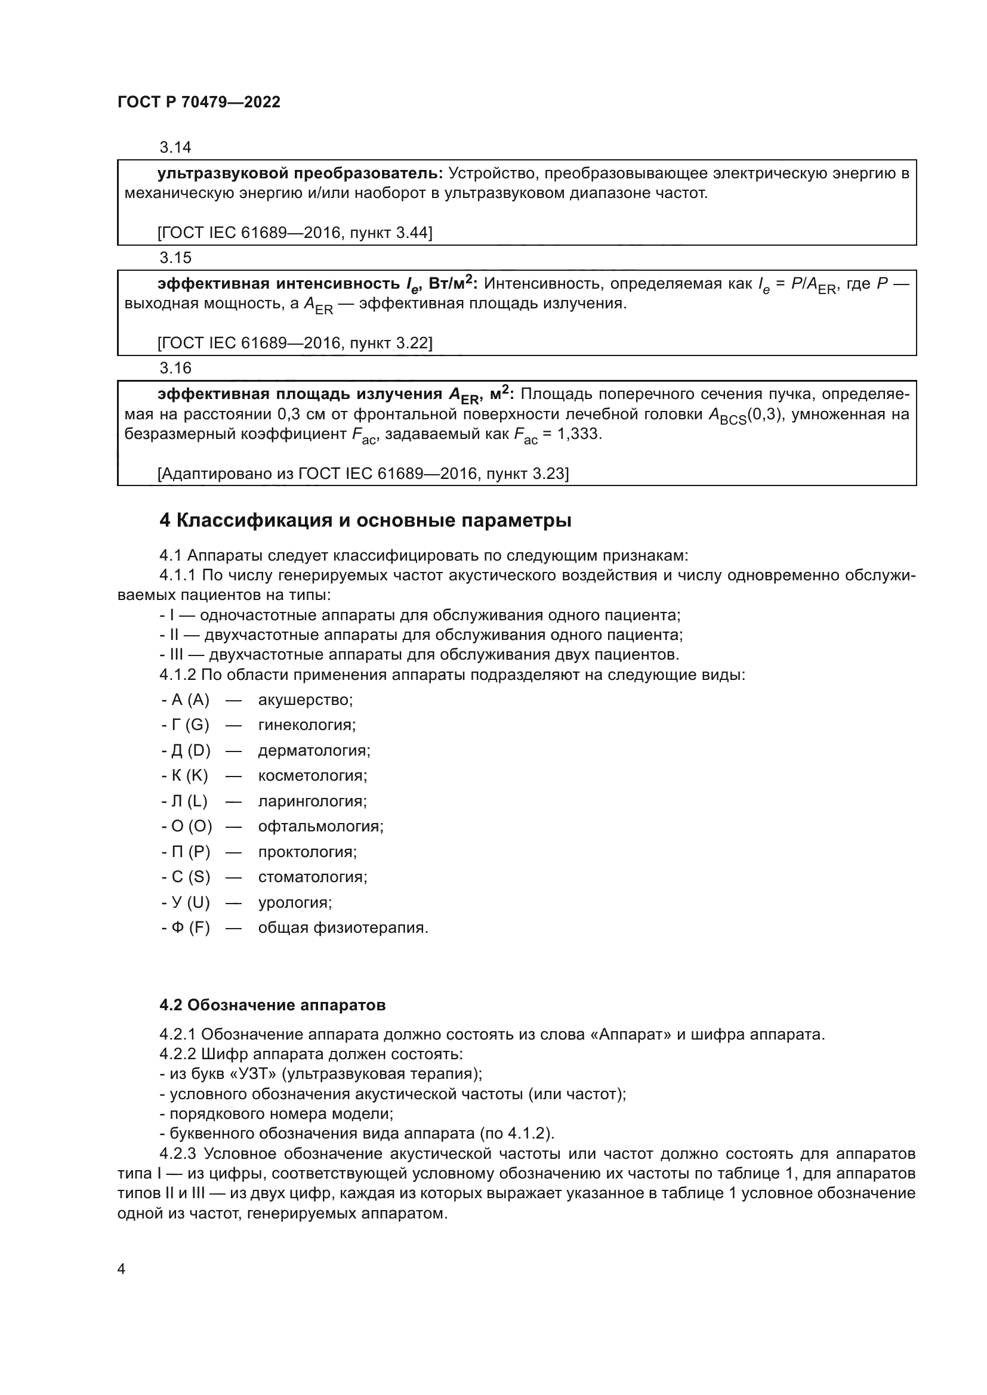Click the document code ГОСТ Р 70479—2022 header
click(199, 102)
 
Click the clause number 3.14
click(175, 147)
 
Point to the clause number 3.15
click(175, 258)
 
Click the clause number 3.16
click(175, 368)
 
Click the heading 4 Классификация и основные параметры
click(365, 521)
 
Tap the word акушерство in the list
click(305, 700)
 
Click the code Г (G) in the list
click(186, 725)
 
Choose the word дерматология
click(314, 750)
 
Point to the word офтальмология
click(320, 826)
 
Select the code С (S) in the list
click(186, 877)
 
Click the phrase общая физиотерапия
click(343, 928)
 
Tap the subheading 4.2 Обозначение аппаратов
click(272, 1005)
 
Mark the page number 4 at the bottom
click(121, 1269)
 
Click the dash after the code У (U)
click(233, 902)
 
